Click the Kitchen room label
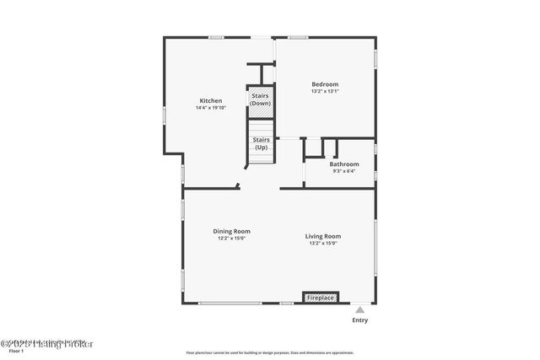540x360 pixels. (210, 101)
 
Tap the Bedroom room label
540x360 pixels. (325, 84)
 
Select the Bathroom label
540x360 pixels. (344, 164)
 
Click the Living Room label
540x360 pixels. (323, 236)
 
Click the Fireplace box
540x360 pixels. (321, 298)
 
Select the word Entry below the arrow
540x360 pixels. (359, 320)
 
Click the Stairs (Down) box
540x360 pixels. (260, 99)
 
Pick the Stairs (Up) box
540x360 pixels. (260, 143)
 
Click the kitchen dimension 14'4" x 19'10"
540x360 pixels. (210, 108)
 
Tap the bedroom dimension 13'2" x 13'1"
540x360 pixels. (325, 91)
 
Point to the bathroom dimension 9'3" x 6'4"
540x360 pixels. (344, 171)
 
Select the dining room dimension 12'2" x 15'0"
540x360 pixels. (231, 239)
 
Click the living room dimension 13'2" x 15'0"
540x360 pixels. (323, 243)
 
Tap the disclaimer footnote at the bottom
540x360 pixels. (270, 352)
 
